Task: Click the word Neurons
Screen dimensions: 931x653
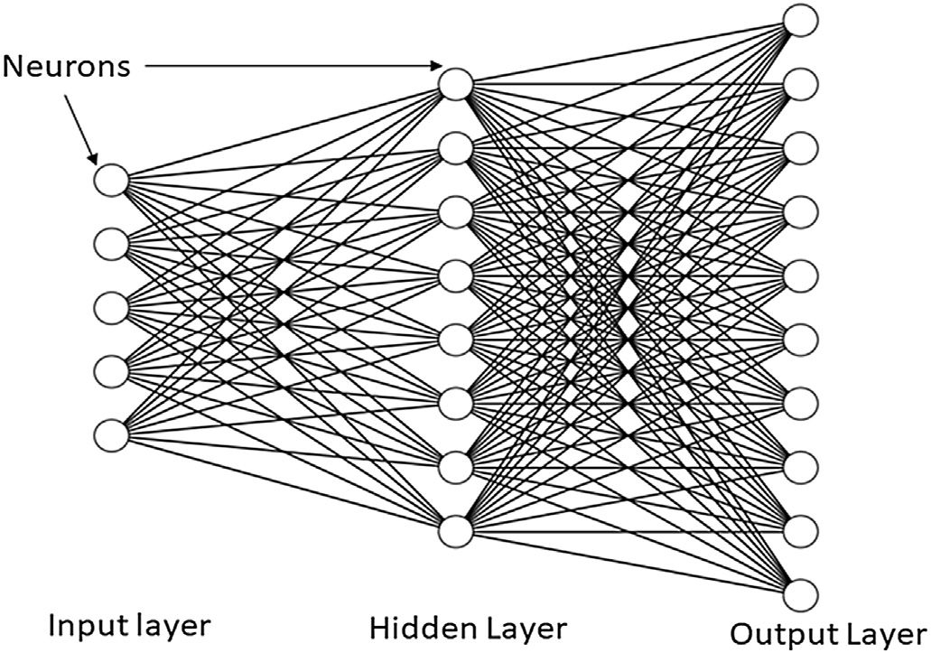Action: [x=67, y=66]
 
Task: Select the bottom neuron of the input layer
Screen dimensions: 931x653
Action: [x=111, y=435]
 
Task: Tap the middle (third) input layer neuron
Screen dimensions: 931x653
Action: [x=111, y=307]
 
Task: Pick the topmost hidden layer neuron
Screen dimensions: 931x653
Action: [x=456, y=83]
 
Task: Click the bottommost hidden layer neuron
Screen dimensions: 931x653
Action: [x=456, y=531]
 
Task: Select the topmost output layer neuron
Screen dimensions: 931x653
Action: [x=800, y=20]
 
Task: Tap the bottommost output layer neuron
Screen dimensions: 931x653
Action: [x=800, y=595]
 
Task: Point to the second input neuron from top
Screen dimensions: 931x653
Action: [x=111, y=243]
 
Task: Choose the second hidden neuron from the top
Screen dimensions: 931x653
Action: [x=456, y=147]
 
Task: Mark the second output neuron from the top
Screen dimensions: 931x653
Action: [x=800, y=84]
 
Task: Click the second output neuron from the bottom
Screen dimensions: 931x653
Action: [x=800, y=531]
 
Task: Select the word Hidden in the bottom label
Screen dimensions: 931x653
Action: [x=421, y=629]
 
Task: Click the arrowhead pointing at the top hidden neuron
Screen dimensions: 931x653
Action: [x=436, y=65]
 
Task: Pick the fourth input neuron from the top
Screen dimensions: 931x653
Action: [x=111, y=371]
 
